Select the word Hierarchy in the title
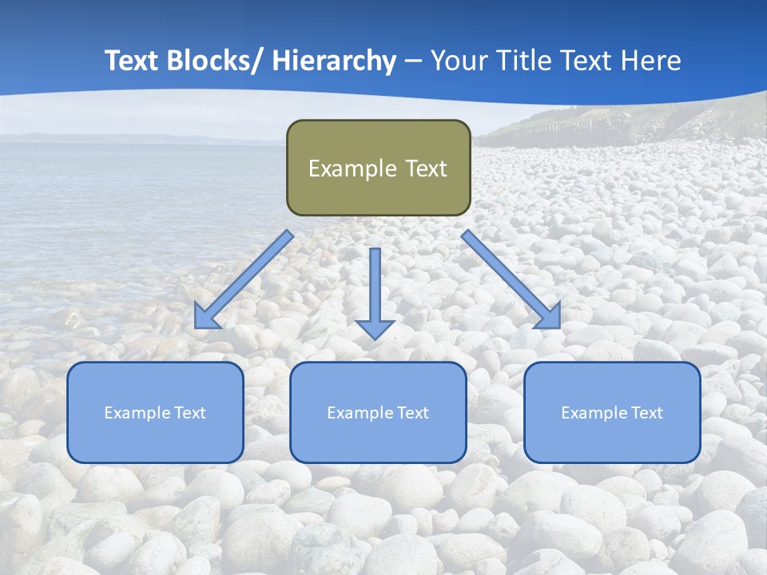point(334,61)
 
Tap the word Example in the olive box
point(352,169)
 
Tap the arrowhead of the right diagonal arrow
point(548,317)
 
